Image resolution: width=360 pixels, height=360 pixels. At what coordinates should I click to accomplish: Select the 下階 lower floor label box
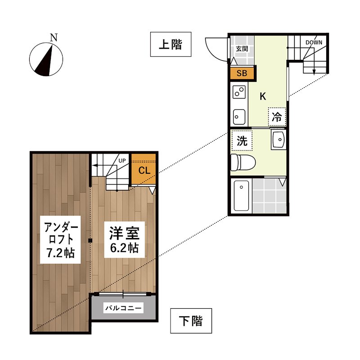[x=191, y=321]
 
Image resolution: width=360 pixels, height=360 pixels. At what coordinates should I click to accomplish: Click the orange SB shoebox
[x=242, y=74]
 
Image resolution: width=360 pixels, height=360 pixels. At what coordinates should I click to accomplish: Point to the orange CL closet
[x=144, y=171]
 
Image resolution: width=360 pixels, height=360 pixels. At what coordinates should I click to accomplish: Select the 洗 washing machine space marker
[x=242, y=141]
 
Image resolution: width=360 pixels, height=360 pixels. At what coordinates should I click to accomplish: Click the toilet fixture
[x=242, y=161]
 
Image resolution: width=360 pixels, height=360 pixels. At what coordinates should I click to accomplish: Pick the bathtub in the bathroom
[x=242, y=196]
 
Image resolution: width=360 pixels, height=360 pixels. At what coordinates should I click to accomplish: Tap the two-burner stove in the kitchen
[x=238, y=93]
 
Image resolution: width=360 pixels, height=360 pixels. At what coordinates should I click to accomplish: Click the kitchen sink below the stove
[x=238, y=116]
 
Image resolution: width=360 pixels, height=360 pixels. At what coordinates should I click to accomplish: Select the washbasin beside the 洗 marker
[x=279, y=140]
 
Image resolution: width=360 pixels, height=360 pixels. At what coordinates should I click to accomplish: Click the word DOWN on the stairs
[x=313, y=43]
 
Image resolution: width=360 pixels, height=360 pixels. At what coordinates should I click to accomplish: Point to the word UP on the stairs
[x=122, y=160]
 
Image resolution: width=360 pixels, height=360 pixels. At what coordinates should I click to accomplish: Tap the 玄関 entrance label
[x=242, y=49]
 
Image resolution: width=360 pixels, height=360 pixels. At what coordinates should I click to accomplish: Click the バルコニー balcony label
[x=123, y=308]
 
